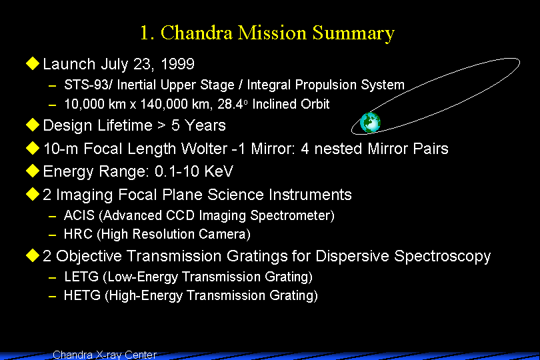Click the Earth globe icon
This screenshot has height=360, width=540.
(370, 122)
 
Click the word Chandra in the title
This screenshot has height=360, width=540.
(196, 33)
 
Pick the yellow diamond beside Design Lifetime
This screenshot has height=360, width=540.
(33, 125)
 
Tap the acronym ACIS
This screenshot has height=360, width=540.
(79, 215)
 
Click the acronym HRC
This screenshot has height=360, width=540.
(78, 234)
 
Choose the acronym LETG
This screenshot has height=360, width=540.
(81, 277)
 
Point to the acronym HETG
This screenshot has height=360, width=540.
(82, 295)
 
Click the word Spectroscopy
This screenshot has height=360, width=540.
(442, 257)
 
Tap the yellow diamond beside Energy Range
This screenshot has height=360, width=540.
(33, 171)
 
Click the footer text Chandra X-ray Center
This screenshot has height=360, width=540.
(105, 355)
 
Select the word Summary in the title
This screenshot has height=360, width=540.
(353, 34)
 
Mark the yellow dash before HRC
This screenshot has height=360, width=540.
(53, 235)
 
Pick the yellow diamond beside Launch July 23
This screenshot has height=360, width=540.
(33, 63)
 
